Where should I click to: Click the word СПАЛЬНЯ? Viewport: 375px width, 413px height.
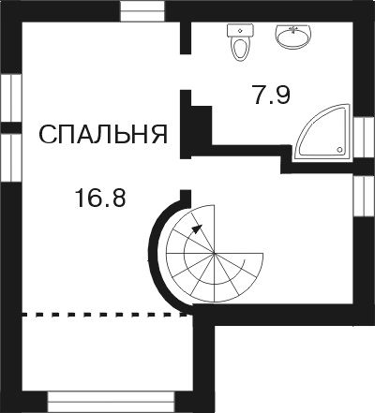pos(103,135)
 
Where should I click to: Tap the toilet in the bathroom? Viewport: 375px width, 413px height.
pos(241,43)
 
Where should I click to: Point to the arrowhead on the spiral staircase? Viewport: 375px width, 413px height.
pos(195,226)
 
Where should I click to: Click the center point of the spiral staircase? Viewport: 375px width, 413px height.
pos(214,255)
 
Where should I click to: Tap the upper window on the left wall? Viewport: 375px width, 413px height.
pos(11,96)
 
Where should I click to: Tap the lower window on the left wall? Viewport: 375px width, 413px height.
pos(11,156)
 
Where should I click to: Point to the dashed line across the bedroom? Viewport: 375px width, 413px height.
pos(103,316)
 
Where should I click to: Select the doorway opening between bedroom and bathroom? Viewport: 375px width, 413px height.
pos(186,71)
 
